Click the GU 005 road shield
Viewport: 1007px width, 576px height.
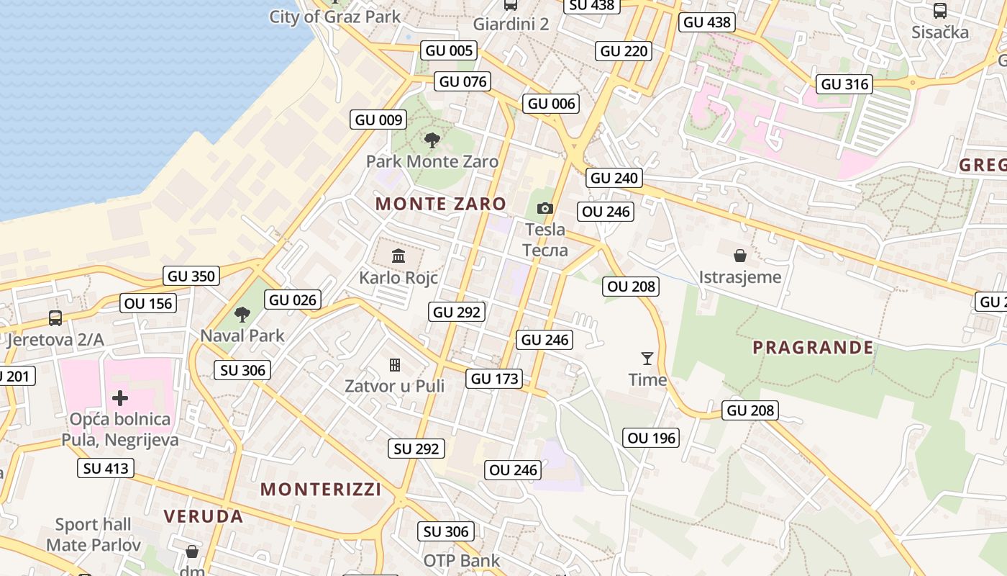450,50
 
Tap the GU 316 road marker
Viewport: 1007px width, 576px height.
845,84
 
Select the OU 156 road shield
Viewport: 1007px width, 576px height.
148,304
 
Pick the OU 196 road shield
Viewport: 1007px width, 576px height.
652,438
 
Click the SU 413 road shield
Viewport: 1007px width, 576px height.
106,468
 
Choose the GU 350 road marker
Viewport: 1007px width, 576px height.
191,276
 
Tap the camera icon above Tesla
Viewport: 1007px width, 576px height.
545,209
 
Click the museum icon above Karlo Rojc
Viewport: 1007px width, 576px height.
398,256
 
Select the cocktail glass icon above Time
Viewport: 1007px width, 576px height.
647,358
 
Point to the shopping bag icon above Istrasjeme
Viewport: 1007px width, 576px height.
739,256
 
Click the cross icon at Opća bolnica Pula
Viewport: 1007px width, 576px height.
120,398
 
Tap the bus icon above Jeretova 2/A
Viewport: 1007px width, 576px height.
55,318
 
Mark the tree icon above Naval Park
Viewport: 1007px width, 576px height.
242,314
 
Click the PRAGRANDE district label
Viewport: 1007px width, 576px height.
813,348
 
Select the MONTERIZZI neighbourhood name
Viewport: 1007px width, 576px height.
321,490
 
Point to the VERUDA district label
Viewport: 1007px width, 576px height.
204,516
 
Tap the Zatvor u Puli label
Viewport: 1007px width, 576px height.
394,386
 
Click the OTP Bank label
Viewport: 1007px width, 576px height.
461,561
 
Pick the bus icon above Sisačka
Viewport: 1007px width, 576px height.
939,10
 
